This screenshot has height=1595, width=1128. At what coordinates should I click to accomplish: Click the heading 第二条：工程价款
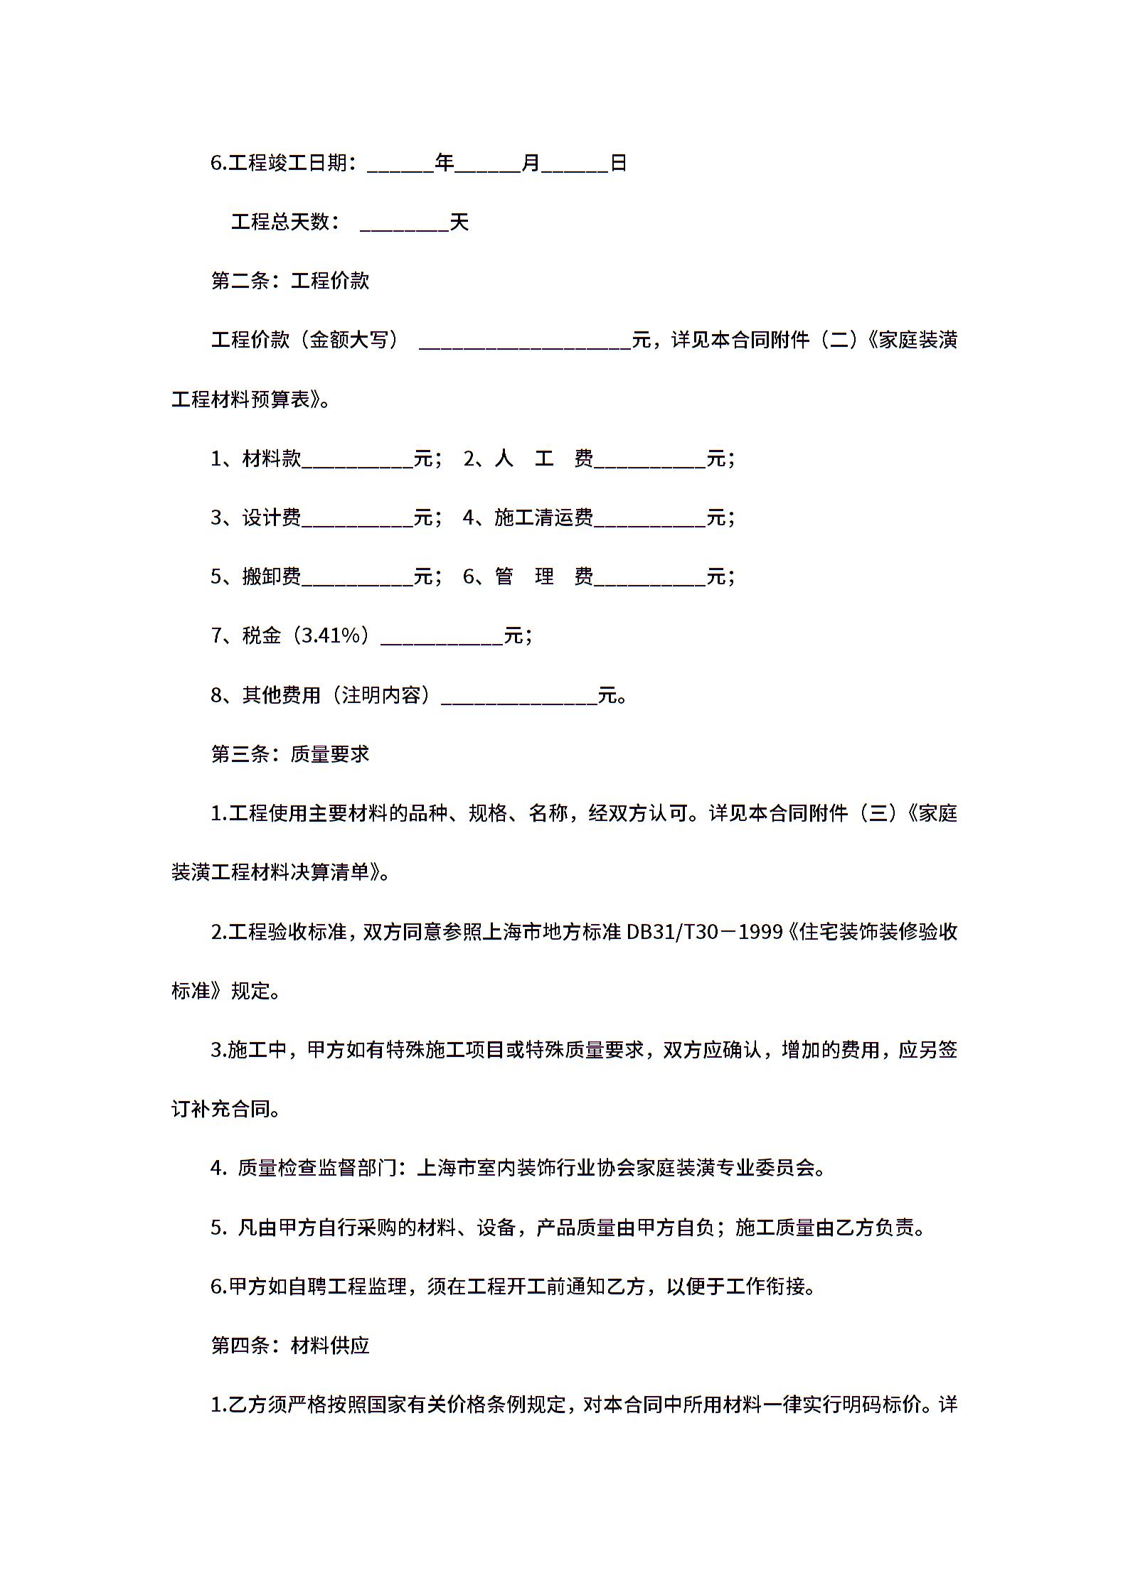point(290,281)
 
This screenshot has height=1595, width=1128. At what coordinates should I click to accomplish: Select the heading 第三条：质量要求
point(290,754)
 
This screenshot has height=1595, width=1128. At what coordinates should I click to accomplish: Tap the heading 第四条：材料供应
point(290,1346)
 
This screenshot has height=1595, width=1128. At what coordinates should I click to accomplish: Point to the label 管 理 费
point(544,576)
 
